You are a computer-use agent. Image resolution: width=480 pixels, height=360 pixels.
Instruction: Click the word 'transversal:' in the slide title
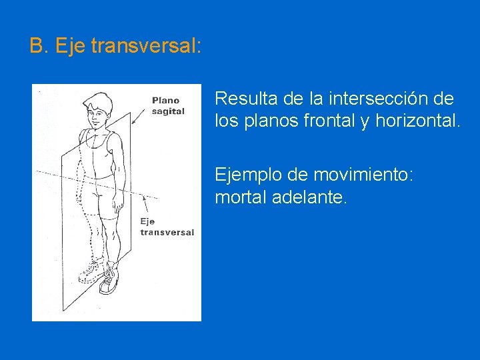[145, 46]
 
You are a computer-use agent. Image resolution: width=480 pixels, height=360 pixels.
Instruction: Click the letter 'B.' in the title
[39, 46]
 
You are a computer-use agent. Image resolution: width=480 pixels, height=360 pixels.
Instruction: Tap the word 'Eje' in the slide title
[69, 46]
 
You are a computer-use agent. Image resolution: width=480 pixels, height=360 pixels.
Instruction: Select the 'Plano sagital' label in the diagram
[168, 106]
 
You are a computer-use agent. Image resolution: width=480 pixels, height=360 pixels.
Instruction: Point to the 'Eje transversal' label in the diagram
[167, 227]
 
